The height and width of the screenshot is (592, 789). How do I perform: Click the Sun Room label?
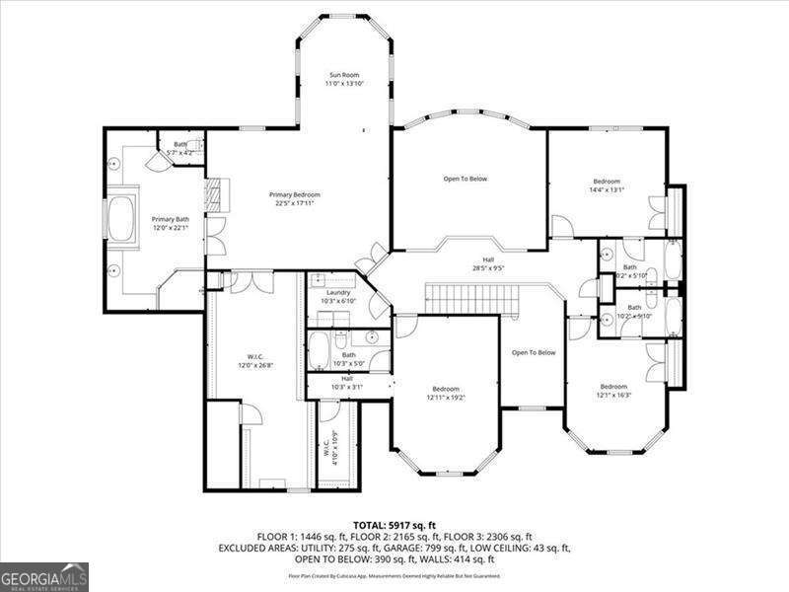tap(343, 80)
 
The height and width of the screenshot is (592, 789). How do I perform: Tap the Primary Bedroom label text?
tap(295, 199)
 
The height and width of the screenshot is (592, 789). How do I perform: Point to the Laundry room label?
tap(339, 296)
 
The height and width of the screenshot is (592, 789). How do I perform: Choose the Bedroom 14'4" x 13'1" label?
tap(607, 185)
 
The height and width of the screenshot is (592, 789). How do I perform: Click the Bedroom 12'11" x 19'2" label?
tap(444, 393)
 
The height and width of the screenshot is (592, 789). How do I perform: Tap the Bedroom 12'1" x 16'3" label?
tap(613, 391)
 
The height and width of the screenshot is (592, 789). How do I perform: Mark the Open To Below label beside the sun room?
tap(465, 179)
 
